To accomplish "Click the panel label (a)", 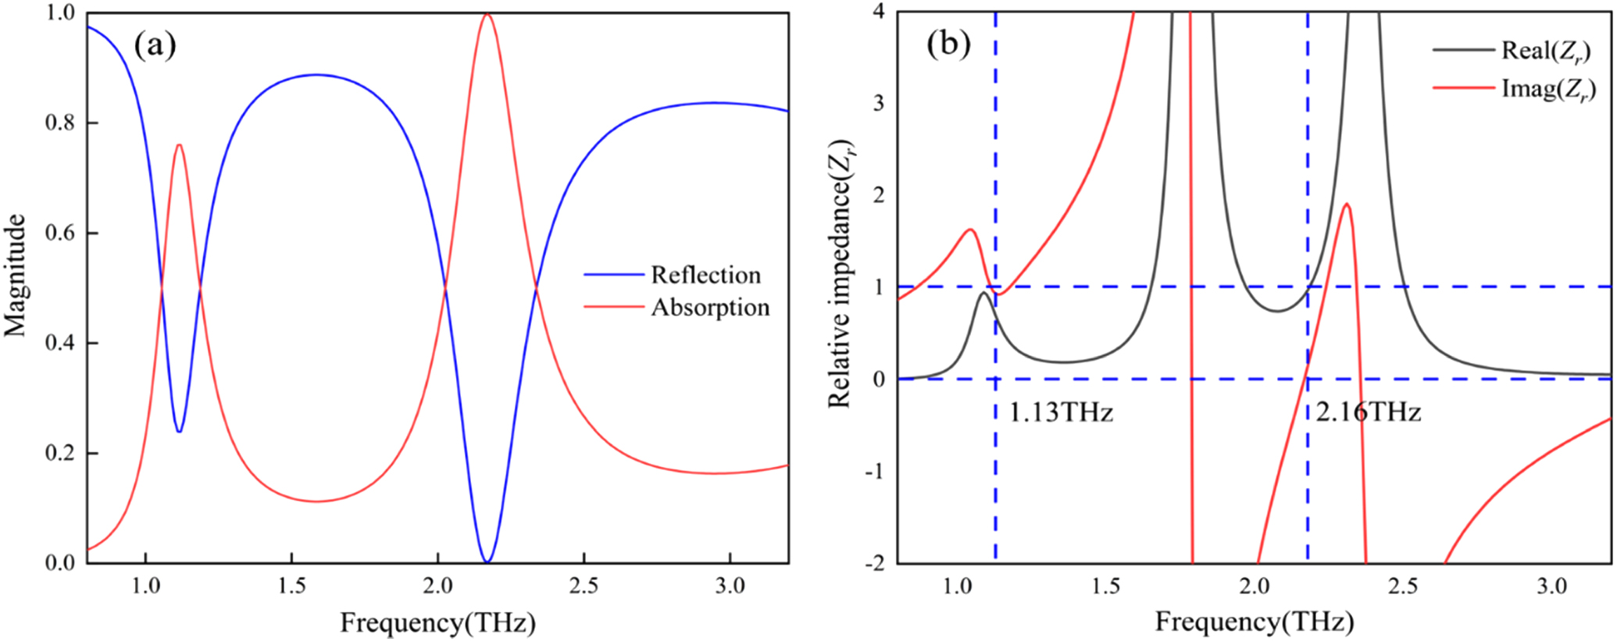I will [x=155, y=47].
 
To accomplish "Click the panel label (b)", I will [x=948, y=45].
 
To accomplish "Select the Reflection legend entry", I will [x=705, y=275].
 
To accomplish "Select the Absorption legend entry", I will [x=710, y=307].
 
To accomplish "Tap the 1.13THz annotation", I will [x=1060, y=411].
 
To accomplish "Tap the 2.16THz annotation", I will [x=1368, y=411].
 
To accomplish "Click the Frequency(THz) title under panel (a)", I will [x=437, y=622].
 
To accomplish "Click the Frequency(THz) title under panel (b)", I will [x=1254, y=621].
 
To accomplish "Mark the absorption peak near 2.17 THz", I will [x=487, y=14].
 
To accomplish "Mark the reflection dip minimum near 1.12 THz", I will [x=179, y=431].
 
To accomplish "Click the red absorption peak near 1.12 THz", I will [x=179, y=144].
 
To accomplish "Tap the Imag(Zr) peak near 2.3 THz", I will [x=1346, y=205].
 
